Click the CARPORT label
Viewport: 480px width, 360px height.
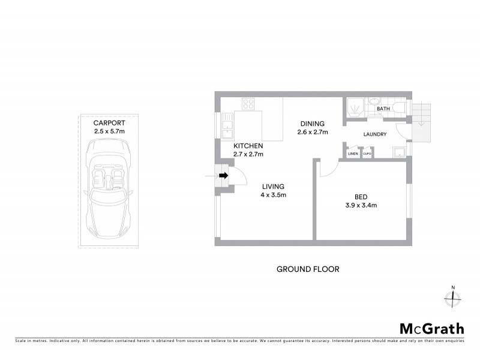tap(109, 122)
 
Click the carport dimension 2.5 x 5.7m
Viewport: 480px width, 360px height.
tap(109, 131)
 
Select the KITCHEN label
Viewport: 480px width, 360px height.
tap(248, 146)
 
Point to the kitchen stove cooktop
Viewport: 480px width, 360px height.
tap(248, 104)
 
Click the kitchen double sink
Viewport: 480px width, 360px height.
tap(227, 127)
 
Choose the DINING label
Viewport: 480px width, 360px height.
tap(313, 124)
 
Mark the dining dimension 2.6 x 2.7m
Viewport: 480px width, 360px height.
tap(313, 133)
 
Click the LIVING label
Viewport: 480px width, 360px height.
tap(273, 187)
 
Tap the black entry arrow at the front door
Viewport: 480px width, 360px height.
tap(224, 176)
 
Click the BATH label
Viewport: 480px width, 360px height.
tap(383, 109)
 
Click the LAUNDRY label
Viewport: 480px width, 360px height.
tap(375, 134)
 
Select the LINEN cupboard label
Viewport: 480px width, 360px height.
tap(353, 154)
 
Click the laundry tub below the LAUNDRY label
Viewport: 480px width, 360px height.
tap(397, 151)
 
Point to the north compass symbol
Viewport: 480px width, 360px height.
tap(454, 298)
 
